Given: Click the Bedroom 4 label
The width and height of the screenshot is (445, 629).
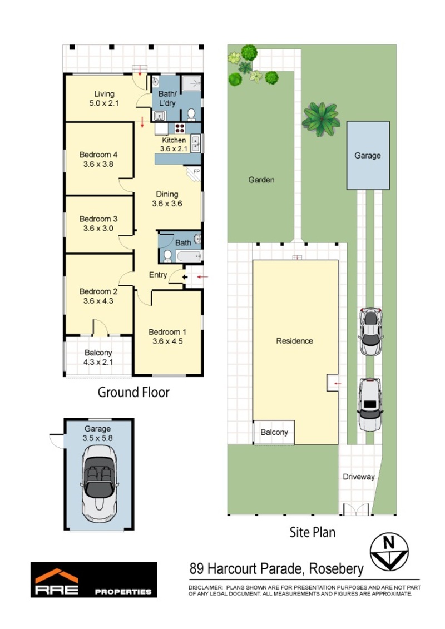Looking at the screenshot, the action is [x=98, y=155].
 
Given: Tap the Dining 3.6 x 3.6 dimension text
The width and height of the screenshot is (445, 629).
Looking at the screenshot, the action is [x=167, y=204].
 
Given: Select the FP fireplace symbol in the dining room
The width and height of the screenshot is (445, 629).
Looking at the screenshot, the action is [x=194, y=174].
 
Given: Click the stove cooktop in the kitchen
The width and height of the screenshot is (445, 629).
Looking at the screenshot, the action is [x=180, y=128].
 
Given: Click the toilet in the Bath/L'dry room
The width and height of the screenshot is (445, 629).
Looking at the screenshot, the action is [x=191, y=115].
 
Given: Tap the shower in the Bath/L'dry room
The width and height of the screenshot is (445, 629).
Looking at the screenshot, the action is [x=192, y=84].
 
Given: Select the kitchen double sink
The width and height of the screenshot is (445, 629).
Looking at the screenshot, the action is [x=196, y=143].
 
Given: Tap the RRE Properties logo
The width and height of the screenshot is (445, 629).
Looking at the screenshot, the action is [x=93, y=580].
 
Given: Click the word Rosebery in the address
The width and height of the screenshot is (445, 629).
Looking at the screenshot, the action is [x=337, y=568].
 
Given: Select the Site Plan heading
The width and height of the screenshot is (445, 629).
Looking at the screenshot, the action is [x=313, y=532].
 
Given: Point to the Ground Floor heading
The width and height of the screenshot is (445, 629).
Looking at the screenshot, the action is [x=133, y=392].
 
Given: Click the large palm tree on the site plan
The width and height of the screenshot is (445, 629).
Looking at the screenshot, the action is [x=321, y=119].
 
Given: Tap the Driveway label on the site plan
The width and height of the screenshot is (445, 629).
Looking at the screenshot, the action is [x=359, y=477].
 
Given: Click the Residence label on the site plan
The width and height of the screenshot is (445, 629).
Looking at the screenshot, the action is [x=294, y=341].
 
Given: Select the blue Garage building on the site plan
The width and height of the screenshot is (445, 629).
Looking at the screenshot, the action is [x=368, y=155].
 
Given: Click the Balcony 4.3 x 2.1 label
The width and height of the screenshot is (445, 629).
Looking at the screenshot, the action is [x=98, y=358].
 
